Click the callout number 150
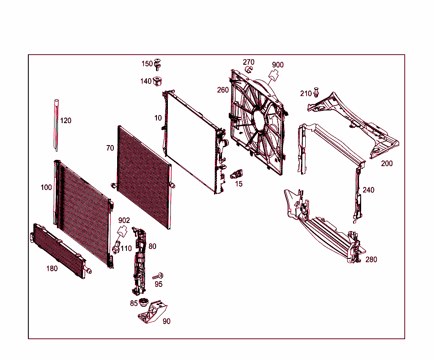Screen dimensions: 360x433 coord(147,64)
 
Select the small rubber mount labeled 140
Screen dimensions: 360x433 coord(159,80)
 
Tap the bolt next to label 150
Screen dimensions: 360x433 coord(158,64)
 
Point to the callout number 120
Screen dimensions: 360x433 coord(66,121)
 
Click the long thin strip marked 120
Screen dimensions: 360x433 coord(56,125)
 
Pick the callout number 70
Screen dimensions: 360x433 coord(110,148)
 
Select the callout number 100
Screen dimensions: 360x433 coord(46,187)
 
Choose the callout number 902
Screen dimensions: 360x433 coord(124,220)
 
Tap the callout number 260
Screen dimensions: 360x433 coord(223,90)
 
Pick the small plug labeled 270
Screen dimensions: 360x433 coord(249,69)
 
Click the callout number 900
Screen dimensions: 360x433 coord(278,65)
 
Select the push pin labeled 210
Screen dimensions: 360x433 coord(317,92)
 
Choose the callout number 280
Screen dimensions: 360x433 coord(371,260)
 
